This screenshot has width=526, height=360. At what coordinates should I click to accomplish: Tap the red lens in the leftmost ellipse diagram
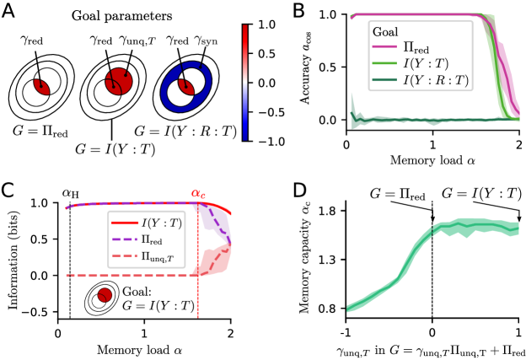tap(40, 86)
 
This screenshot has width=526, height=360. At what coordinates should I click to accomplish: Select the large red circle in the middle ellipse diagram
tap(118, 83)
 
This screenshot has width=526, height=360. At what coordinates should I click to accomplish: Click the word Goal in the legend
tap(385, 31)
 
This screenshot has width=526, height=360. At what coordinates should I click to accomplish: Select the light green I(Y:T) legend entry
tap(420, 64)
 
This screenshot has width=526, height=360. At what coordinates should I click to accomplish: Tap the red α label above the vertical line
tap(198, 194)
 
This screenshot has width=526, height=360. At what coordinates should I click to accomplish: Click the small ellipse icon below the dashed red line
tap(101, 298)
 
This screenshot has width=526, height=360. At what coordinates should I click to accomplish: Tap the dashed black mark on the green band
tap(432, 229)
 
